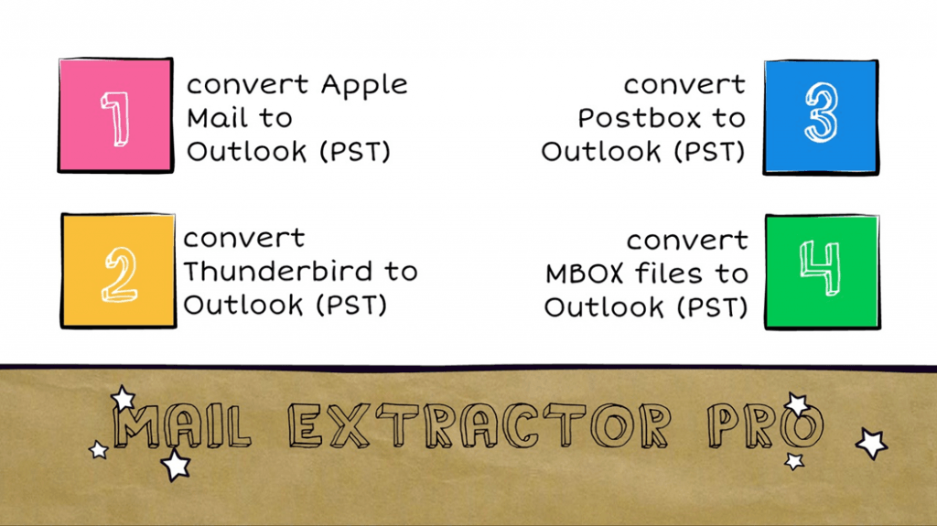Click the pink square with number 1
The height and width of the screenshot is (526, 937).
click(114, 115)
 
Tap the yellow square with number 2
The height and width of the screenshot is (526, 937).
click(118, 270)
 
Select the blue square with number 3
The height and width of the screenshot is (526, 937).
click(821, 114)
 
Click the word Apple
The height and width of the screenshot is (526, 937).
click(363, 85)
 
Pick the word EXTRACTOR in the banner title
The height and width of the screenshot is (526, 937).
click(480, 426)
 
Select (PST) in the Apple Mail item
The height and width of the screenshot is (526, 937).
click(354, 152)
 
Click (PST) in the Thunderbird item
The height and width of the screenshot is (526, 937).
click(350, 305)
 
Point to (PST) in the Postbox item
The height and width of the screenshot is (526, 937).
click(709, 152)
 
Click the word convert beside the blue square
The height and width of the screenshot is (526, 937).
click(684, 85)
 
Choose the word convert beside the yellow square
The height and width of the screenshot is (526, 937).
click(243, 238)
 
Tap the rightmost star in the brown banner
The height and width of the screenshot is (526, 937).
click(871, 444)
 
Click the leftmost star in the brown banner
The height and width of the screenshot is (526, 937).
click(98, 449)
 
